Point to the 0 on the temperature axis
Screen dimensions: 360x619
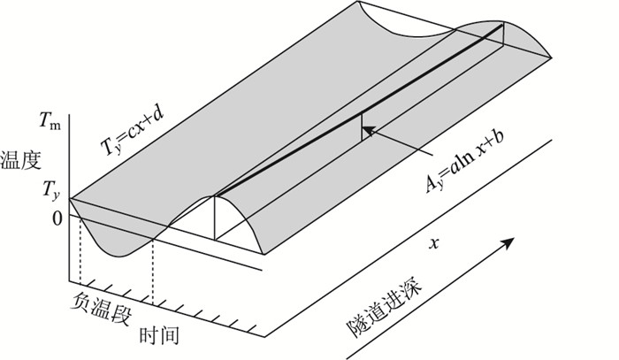pos(55,217)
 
